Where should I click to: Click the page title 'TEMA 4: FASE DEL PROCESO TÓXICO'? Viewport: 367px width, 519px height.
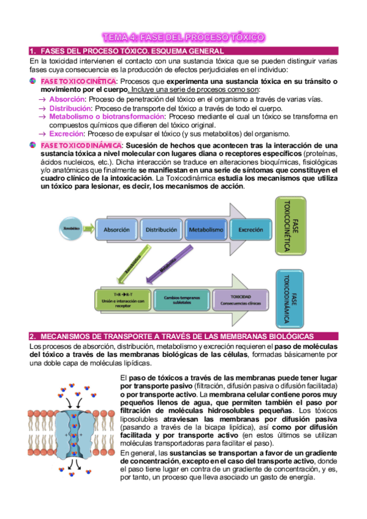point(183,37)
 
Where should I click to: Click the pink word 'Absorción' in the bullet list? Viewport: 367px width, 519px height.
point(67,99)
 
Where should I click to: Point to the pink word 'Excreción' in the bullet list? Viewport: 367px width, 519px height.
point(66,133)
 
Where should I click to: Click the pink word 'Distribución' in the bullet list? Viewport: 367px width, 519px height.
point(72,108)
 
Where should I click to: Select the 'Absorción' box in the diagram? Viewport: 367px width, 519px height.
point(116,230)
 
